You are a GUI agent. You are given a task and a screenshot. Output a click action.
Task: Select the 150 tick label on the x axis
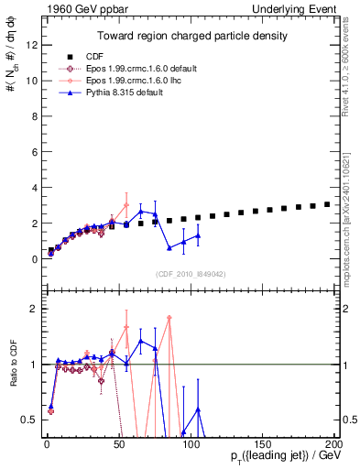(264, 445)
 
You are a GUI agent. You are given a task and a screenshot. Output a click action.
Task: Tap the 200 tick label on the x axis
(335, 445)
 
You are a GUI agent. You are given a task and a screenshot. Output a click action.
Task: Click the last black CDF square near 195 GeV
(328, 204)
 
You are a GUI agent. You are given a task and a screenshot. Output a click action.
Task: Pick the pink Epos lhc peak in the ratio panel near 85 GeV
(169, 318)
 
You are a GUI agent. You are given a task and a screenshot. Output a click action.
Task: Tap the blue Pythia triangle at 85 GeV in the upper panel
(169, 247)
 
